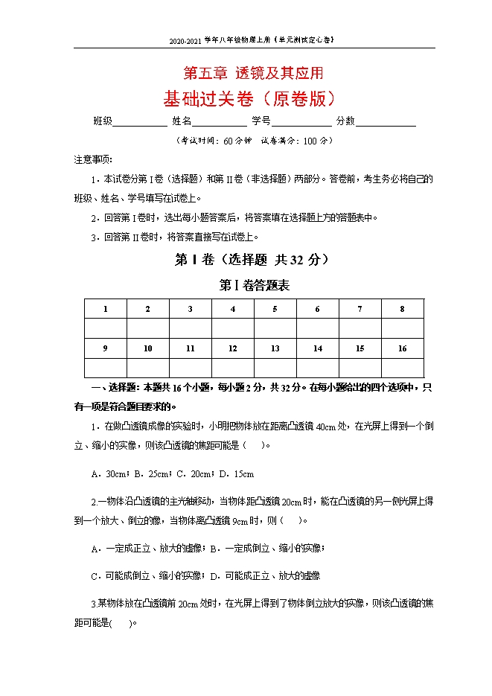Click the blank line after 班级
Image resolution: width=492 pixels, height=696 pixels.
pyautogui.click(x=140, y=121)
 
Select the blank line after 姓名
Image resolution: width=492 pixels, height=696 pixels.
pyautogui.click(x=220, y=121)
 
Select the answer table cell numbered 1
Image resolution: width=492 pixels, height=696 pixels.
pyautogui.click(x=105, y=309)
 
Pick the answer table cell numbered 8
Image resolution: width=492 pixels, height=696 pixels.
pyautogui.click(x=402, y=309)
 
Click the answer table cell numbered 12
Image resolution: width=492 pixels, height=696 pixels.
pyautogui.click(x=232, y=348)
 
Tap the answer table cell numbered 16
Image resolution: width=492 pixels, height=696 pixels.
pyautogui.click(x=402, y=348)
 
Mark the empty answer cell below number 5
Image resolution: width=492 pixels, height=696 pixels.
pyautogui.click(x=275, y=328)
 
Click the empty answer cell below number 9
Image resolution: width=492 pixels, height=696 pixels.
pyautogui.click(x=105, y=368)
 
